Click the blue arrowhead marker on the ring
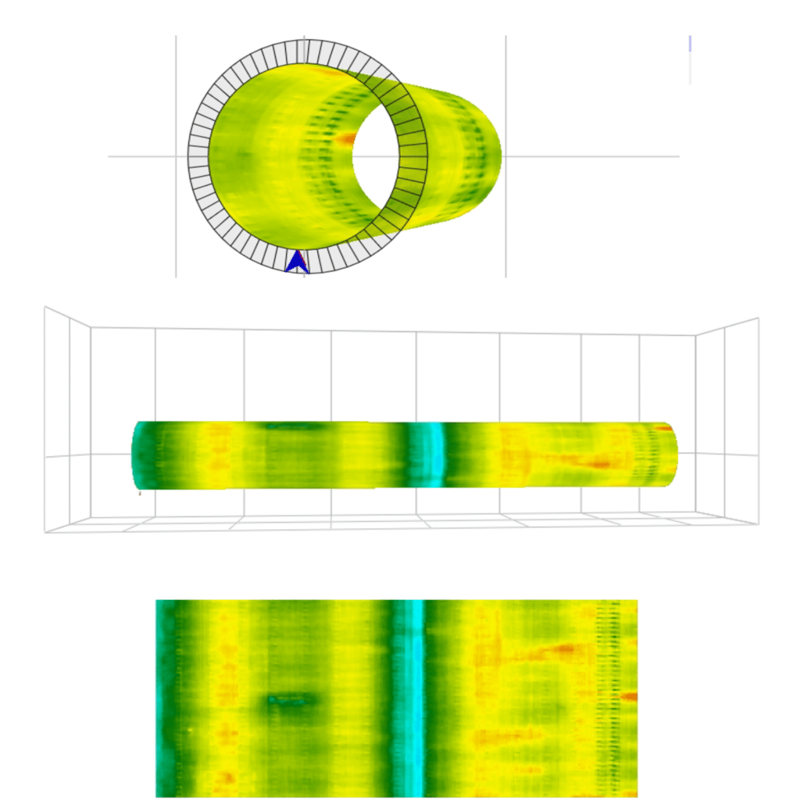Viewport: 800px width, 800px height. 296,262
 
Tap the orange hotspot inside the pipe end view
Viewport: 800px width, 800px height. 345,140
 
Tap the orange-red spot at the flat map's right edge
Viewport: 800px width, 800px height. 630,695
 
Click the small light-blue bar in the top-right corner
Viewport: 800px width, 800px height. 690,44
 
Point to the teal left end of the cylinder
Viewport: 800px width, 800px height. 141,456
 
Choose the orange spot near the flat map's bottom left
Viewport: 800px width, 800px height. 228,777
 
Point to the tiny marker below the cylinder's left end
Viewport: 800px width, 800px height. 140,494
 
